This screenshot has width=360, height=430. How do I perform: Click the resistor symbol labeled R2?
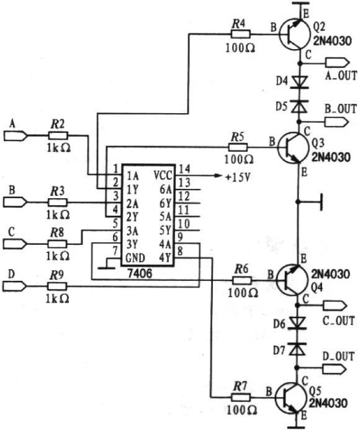point(58,135)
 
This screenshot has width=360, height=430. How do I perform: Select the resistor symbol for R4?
point(241,34)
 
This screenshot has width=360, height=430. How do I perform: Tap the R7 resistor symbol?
point(241,397)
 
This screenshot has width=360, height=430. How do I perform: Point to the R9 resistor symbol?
point(57,286)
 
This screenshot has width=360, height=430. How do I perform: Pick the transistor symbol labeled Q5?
point(290,397)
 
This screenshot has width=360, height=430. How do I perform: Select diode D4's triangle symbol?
point(299,82)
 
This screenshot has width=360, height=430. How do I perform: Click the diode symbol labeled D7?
point(297,349)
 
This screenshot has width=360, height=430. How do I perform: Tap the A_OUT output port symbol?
point(337,63)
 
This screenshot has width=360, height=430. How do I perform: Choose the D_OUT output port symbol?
point(335,369)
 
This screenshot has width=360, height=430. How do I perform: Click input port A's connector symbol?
point(16,135)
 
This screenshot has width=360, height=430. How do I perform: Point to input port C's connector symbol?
point(15,244)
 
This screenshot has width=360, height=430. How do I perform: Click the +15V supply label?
point(238,178)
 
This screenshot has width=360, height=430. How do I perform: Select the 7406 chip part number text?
point(140,273)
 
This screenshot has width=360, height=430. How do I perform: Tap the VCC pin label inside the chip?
point(163,175)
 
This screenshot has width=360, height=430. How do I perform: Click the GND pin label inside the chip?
point(135,258)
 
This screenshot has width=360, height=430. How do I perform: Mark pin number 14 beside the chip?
point(184,169)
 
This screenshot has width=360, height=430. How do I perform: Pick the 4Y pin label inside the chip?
point(165,258)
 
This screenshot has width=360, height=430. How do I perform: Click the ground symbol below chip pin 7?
point(107,267)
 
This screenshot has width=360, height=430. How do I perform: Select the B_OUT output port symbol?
point(336,122)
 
